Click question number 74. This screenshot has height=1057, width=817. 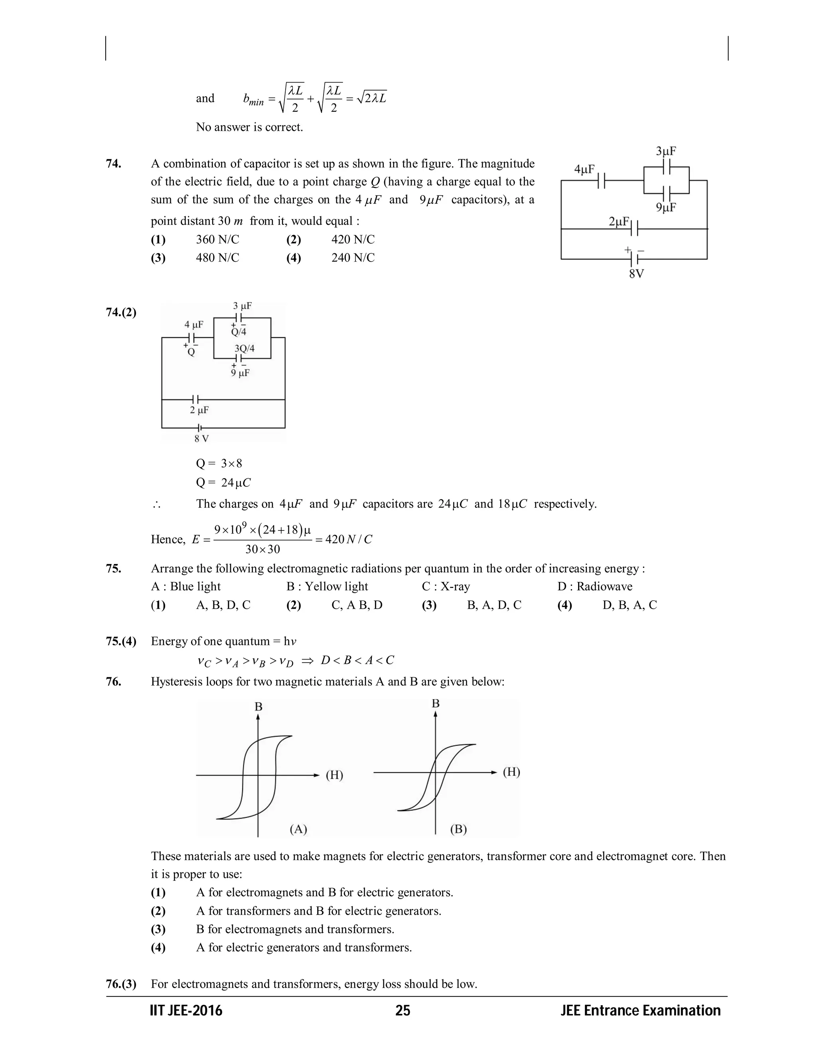pyautogui.click(x=113, y=164)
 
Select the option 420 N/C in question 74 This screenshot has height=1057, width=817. pyautogui.click(x=352, y=240)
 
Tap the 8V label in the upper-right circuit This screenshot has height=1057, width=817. pyautogui.click(x=636, y=274)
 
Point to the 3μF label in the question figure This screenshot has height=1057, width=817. pyautogui.click(x=666, y=152)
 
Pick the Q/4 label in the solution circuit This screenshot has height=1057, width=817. pyautogui.click(x=239, y=332)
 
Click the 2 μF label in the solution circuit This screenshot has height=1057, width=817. pyautogui.click(x=199, y=410)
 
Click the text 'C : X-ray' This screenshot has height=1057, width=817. pyautogui.click(x=446, y=587)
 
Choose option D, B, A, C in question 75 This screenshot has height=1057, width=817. pyautogui.click(x=629, y=605)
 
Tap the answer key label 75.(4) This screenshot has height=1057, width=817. pyautogui.click(x=121, y=641)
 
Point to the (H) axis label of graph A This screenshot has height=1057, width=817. pyautogui.click(x=334, y=775)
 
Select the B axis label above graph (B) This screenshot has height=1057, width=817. pyautogui.click(x=436, y=703)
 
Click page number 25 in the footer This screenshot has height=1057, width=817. pyautogui.click(x=403, y=1011)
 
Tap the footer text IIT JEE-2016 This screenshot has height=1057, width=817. pyautogui.click(x=186, y=1011)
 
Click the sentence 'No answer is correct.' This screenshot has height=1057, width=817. pyautogui.click(x=249, y=127)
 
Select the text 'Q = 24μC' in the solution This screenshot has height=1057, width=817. pyautogui.click(x=223, y=483)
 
